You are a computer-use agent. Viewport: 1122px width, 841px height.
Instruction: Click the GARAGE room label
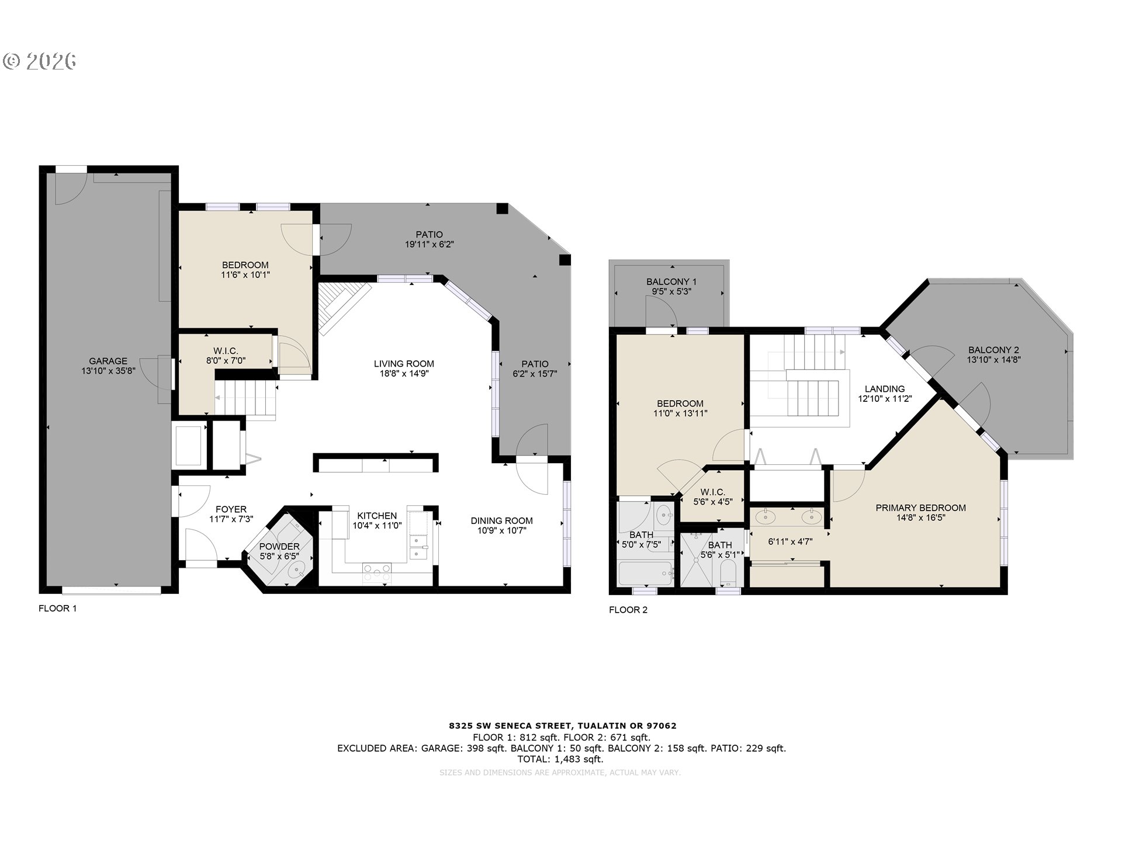108,361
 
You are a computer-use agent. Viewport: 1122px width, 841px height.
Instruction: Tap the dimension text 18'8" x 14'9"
404,374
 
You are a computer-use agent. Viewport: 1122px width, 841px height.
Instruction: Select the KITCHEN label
377,516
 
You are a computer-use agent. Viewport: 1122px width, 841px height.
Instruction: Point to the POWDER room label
279,547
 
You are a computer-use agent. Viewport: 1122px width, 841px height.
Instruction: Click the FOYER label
231,509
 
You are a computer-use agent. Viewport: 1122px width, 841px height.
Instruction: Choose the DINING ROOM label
502,521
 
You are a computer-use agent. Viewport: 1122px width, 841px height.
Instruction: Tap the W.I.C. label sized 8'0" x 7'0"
226,351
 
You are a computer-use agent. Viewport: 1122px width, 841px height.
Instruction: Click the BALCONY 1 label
671,282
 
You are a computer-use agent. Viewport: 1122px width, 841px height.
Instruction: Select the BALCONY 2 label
993,350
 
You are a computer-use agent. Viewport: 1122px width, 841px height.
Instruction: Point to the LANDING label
885,389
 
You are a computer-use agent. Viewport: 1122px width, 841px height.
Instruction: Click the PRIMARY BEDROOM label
920,508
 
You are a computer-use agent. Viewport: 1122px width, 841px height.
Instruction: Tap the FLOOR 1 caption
58,609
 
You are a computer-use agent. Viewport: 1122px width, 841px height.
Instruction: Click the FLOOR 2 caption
628,610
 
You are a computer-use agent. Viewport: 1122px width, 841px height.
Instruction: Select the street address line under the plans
563,726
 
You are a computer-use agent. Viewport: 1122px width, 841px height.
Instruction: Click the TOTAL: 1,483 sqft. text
560,759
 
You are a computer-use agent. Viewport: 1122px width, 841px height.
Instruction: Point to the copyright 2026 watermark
40,61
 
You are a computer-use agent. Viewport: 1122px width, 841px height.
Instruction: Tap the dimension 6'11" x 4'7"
790,541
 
